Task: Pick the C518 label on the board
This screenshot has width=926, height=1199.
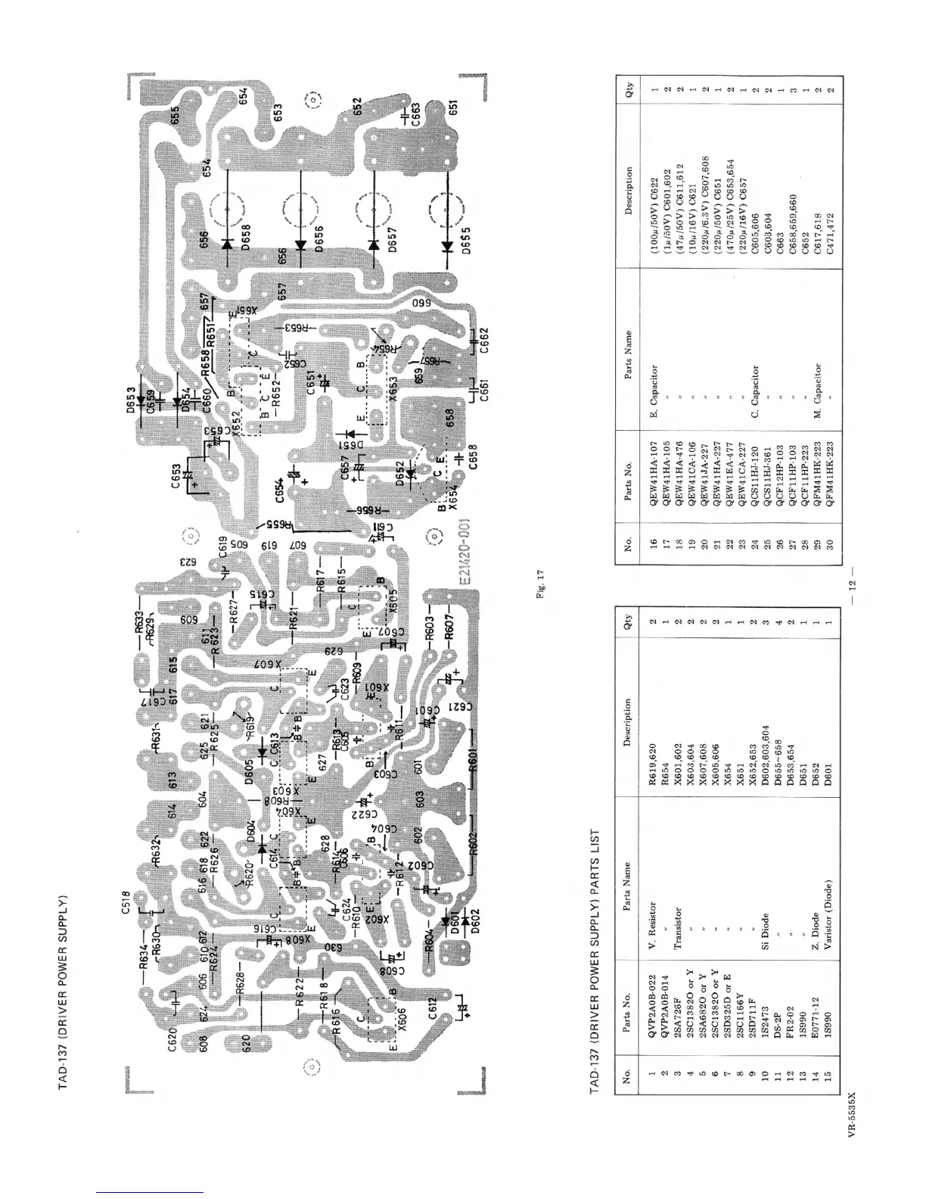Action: [128, 907]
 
